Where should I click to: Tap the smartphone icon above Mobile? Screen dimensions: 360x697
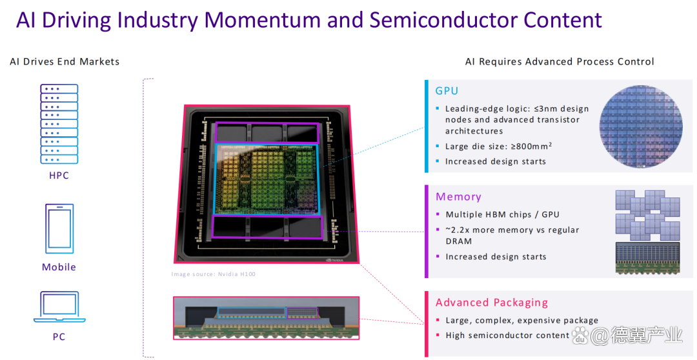(59, 228)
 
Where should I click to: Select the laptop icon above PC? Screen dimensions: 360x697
(59, 307)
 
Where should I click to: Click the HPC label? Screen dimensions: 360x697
(59, 175)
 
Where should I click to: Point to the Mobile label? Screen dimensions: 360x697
(59, 267)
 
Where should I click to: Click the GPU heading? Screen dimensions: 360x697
(447, 91)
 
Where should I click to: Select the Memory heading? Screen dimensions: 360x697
(458, 197)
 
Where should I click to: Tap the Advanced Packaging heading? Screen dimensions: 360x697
(491, 303)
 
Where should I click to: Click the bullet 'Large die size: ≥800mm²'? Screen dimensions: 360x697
(498, 146)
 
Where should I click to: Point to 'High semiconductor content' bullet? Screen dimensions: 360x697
(507, 335)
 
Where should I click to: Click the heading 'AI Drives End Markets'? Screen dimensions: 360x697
(65, 62)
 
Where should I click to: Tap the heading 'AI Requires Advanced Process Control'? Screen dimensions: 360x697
(560, 62)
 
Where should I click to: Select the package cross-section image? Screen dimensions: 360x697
(266, 317)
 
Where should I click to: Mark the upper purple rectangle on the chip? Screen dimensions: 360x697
(267, 132)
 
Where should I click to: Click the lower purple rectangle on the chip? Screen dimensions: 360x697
(267, 226)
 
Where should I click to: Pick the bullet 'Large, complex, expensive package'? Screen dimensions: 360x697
(521, 321)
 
